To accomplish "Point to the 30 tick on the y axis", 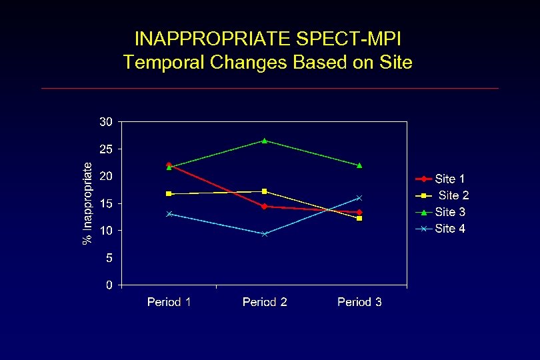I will click(106, 122).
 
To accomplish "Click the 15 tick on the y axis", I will click(106, 203).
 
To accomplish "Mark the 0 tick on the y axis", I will click(109, 285).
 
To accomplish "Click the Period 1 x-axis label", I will click(169, 302).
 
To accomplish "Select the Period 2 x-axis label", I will click(265, 302).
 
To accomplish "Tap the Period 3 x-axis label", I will click(359, 302).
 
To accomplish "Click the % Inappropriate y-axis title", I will click(87, 203).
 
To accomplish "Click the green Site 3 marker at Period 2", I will click(265, 141).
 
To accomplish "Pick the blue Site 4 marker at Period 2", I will click(265, 234).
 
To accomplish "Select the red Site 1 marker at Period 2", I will click(265, 207).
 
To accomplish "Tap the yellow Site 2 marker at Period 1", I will click(169, 194).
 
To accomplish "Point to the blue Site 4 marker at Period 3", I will click(359, 198).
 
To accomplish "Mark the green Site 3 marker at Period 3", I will click(359, 165).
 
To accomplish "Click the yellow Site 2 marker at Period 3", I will click(359, 219).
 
